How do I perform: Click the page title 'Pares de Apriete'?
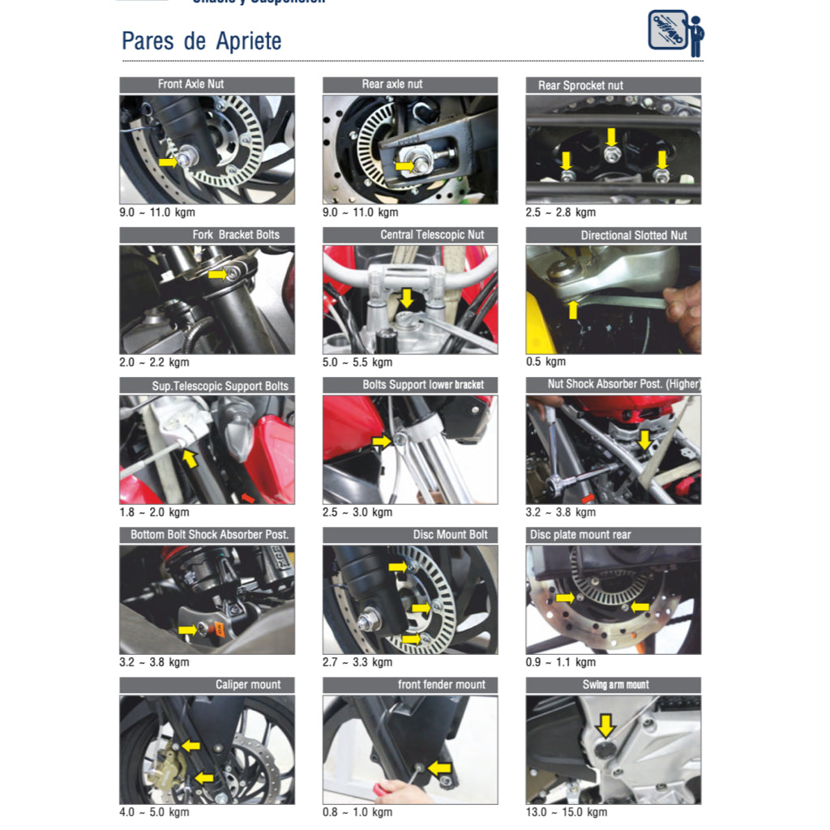201,41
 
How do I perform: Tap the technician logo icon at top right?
676,33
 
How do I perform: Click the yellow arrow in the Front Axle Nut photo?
168,162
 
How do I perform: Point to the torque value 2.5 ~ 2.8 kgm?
561,212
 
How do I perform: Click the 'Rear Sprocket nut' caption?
580,85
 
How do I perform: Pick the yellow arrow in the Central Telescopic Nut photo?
406,297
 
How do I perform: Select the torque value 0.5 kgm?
546,362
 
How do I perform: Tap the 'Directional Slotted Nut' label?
633,235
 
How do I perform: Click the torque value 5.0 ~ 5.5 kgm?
357,362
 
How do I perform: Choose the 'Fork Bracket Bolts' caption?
235,235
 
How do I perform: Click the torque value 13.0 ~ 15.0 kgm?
567,812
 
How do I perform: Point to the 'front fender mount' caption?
441,685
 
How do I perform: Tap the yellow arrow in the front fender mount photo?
439,767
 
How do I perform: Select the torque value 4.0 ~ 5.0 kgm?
154,812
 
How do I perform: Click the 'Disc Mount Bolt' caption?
450,535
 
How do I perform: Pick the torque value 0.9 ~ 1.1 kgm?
561,662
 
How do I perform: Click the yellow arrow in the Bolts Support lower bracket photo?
381,440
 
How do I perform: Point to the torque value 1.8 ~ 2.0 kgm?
154,512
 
